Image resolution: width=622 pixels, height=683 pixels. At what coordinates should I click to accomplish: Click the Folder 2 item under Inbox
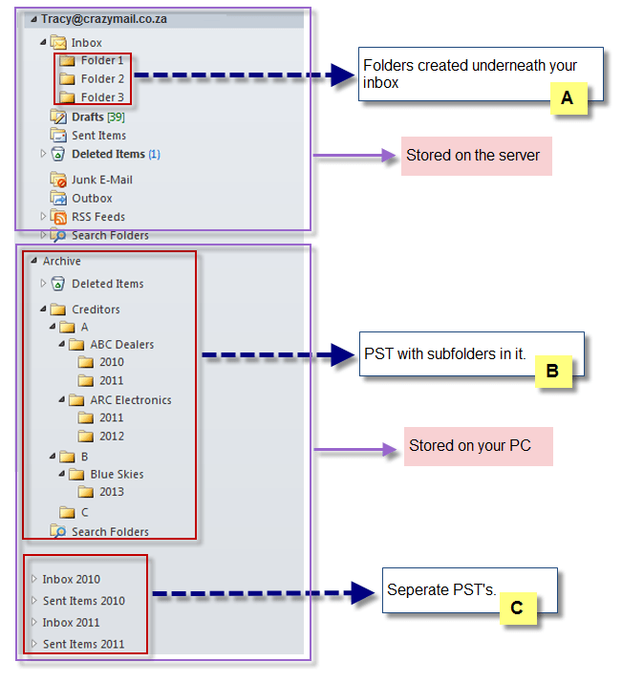point(101,79)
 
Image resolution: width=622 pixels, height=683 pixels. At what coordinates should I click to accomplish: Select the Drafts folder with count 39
point(88,117)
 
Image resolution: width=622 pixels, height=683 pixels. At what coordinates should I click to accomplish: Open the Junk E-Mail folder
point(100,180)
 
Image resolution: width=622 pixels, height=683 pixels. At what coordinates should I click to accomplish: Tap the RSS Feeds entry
point(97,217)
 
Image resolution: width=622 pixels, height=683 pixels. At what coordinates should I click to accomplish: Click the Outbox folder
point(92,199)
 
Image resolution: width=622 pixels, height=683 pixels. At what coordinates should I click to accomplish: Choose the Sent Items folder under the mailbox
point(98,136)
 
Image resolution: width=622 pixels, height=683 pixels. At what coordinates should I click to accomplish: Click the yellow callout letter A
point(567,97)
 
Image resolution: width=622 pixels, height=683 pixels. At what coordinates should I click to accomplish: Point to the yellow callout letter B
point(552,371)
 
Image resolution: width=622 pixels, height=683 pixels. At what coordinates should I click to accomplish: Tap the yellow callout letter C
point(516,608)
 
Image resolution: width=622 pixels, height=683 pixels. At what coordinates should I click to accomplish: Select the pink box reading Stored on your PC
point(478,446)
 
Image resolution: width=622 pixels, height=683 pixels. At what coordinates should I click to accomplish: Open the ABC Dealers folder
point(121,345)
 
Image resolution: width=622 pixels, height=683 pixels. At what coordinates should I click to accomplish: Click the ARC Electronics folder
point(130,400)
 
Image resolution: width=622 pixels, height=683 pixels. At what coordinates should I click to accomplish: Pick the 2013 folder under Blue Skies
point(111,493)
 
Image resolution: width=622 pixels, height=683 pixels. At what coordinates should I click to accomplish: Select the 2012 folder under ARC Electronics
point(111,437)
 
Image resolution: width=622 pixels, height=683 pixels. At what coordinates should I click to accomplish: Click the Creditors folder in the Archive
point(95,309)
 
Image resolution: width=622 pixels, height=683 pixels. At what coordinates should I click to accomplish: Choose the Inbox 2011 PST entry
point(71,623)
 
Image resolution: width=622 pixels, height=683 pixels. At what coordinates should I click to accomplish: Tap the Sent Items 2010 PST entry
point(83,601)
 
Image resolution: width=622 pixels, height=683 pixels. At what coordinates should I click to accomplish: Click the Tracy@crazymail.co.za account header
point(104,18)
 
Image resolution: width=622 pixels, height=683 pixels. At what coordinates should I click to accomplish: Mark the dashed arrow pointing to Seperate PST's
point(262,593)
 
